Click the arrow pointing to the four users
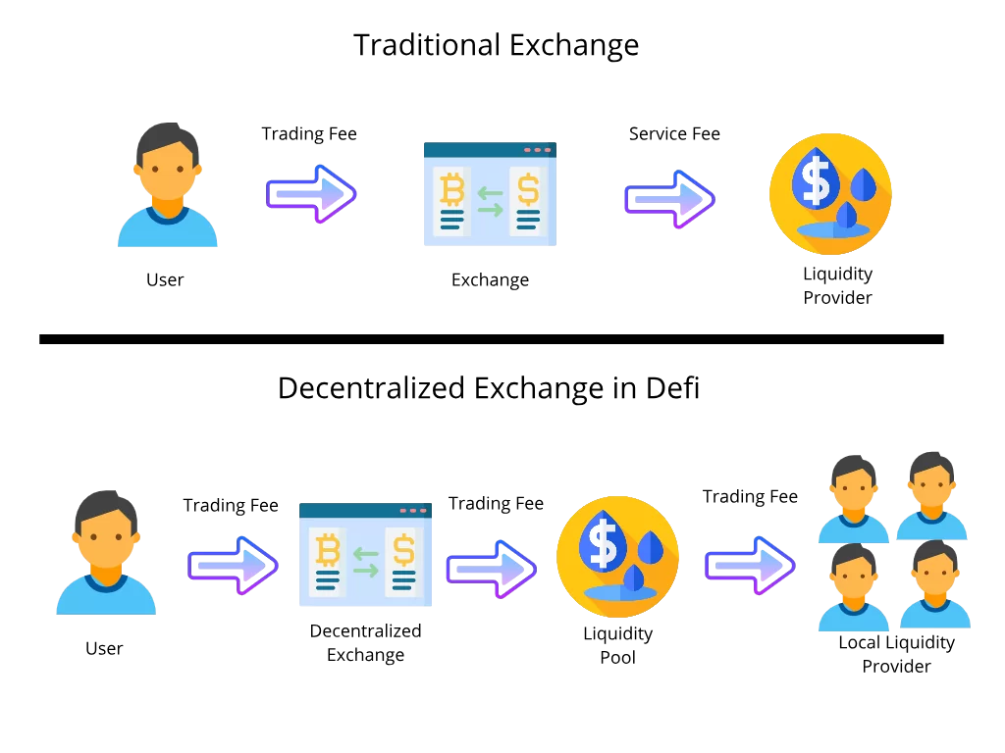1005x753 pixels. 750,565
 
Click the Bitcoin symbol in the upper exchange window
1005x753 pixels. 451,188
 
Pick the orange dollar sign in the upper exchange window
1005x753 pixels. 528,188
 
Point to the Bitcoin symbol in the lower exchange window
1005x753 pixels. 327,550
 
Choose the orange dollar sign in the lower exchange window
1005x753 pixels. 403,550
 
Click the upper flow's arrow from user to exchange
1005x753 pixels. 311,194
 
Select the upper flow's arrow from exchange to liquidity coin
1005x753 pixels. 669,199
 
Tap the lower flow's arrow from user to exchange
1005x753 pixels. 233,565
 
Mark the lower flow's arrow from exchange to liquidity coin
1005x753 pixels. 491,569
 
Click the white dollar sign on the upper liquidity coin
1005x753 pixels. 816,180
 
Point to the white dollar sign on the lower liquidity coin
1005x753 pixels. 603,543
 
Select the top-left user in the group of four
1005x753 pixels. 853,498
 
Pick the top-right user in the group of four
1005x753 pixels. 931,495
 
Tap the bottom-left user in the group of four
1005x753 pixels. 853,587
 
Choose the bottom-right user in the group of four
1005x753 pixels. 934,584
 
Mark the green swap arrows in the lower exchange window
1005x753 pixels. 365,562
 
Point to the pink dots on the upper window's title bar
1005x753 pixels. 538,150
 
